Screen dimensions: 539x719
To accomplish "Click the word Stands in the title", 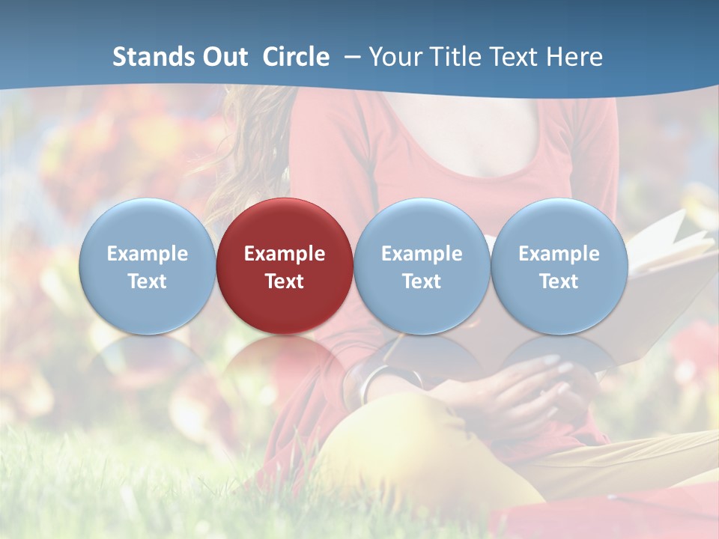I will (147, 57).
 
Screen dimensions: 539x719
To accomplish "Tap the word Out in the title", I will (222, 57).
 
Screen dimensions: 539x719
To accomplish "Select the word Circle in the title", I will (296, 57).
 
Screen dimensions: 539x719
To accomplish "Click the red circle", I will (285, 266).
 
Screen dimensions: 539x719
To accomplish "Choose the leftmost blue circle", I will (147, 266).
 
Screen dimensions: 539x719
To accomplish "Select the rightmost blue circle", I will (559, 266).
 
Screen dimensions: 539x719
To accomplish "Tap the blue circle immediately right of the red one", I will (422, 266).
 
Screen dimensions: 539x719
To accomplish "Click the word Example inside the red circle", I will (285, 254).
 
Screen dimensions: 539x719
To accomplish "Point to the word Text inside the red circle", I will (285, 281).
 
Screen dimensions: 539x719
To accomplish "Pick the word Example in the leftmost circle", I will (147, 254).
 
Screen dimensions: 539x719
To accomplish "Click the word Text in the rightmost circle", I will (559, 281).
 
